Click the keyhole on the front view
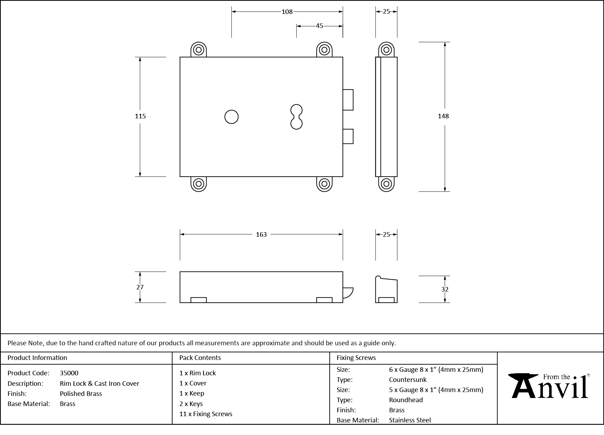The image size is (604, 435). [x=296, y=117]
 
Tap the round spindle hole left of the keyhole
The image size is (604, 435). [x=231, y=117]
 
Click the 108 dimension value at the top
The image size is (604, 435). [x=287, y=12]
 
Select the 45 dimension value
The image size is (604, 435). [x=319, y=26]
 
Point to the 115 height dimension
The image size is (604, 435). [x=140, y=116]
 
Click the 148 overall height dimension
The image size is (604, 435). [x=443, y=116]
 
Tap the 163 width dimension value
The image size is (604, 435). [x=261, y=235]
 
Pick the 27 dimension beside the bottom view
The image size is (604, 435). [x=140, y=287]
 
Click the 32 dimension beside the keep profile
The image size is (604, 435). [x=444, y=289]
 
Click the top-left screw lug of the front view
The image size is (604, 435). [x=199, y=50]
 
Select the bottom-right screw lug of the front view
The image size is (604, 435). [x=324, y=184]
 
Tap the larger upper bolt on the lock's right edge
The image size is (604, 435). [x=348, y=100]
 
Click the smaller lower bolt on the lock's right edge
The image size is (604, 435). [x=348, y=137]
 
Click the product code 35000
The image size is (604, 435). [x=69, y=373]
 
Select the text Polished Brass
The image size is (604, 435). [x=81, y=393]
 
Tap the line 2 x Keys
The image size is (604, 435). [x=191, y=404]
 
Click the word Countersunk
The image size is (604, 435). [x=407, y=379]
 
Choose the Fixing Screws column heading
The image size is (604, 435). [x=356, y=357]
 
